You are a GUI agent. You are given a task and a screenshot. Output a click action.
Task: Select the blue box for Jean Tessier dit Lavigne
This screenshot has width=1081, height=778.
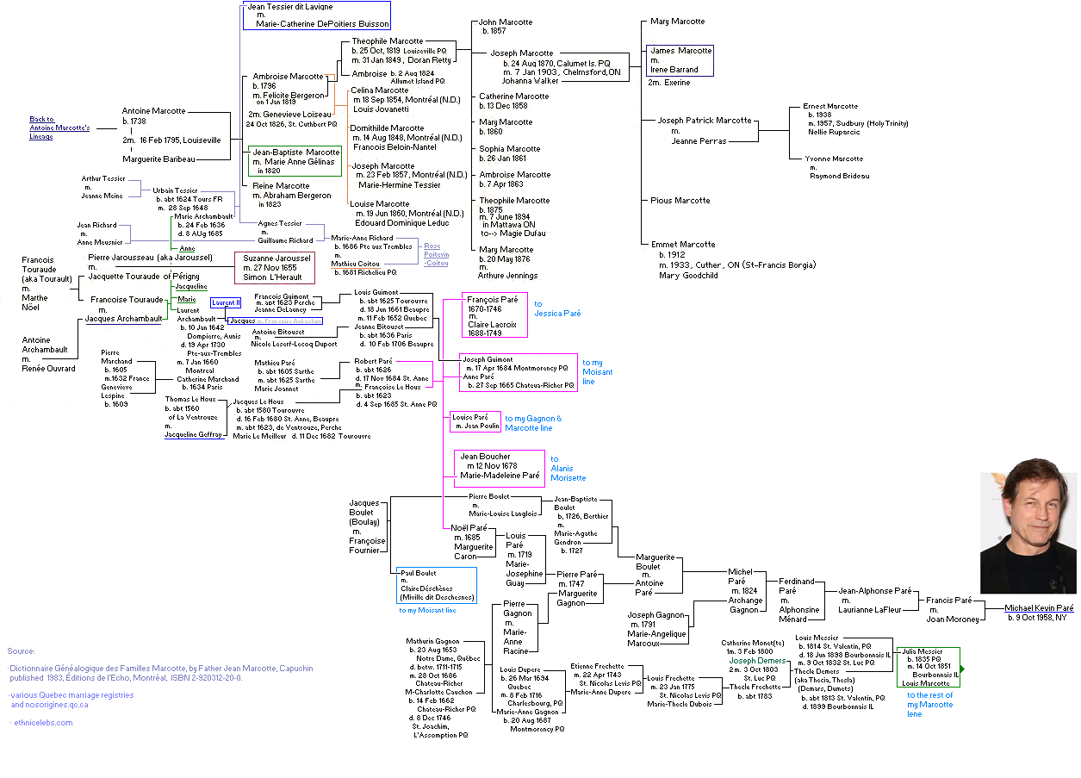tap(317, 16)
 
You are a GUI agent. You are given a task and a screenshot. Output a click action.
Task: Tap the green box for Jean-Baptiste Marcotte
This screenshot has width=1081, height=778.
tap(295, 161)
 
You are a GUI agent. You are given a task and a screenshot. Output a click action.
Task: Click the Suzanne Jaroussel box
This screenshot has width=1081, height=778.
tap(275, 267)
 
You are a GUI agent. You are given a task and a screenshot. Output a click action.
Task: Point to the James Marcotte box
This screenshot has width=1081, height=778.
tap(680, 60)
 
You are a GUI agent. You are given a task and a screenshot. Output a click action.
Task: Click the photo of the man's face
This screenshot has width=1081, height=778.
tap(1028, 532)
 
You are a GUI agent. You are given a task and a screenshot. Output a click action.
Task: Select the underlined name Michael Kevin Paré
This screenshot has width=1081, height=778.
tap(1039, 608)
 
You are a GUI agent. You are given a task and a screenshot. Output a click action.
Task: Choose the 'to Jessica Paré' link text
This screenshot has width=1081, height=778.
tap(557, 308)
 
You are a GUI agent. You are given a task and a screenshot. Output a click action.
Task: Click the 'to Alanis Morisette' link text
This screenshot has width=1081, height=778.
tap(568, 469)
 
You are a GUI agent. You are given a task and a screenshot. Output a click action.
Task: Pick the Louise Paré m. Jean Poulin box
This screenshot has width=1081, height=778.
tap(475, 421)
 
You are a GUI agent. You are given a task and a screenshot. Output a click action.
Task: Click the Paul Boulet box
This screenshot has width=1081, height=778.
tap(436, 585)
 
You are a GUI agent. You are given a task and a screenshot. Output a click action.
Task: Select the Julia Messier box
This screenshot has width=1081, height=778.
tap(928, 667)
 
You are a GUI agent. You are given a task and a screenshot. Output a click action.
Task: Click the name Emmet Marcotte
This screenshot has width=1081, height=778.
tap(683, 245)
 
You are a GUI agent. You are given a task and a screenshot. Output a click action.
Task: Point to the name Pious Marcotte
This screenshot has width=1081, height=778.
tap(680, 201)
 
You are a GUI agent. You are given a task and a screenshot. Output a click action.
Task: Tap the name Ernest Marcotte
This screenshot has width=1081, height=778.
tap(829, 106)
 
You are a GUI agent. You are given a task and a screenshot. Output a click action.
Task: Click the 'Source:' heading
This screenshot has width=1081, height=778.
tap(22, 651)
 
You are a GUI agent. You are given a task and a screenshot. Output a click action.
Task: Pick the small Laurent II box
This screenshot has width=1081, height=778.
tap(226, 302)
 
